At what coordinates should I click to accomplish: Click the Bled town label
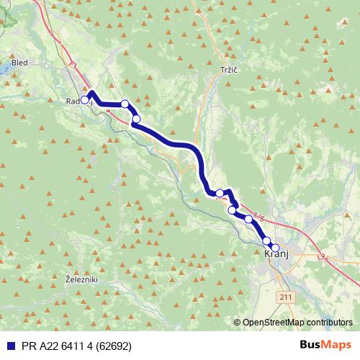[x=19, y=63]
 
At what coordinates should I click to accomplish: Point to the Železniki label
[x=81, y=279]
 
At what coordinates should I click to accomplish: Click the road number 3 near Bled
[x=73, y=66]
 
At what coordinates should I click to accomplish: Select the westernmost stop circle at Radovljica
[x=85, y=100]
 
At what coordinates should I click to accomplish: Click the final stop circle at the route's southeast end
[x=274, y=248]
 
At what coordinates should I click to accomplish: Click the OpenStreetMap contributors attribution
[x=297, y=323]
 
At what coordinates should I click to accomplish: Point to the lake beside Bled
[x=3, y=68]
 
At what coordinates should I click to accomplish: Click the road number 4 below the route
[x=108, y=111]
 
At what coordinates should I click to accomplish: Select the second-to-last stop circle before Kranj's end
[x=266, y=241]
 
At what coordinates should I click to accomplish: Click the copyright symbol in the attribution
[x=238, y=323]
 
